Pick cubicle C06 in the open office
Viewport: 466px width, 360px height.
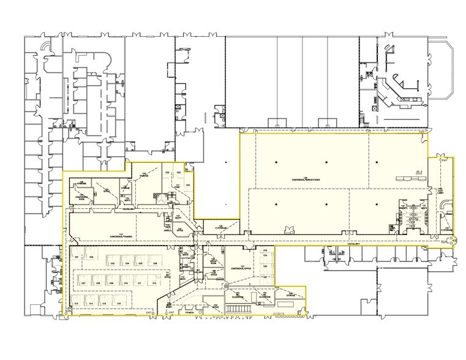pos(156,263)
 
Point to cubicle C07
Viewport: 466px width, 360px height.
pos(83,283)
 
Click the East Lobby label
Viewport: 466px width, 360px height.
pos(440,190)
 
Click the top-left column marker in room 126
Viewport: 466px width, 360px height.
pos(276,162)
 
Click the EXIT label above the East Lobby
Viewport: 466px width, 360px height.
pos(445,160)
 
